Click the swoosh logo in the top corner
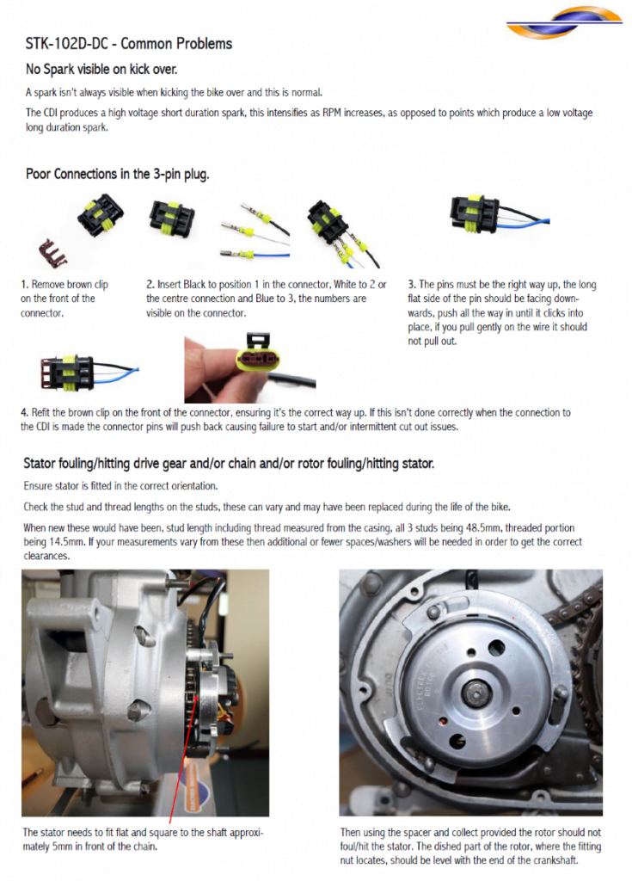563,22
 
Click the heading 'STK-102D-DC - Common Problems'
129,44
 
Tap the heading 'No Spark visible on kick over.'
101,69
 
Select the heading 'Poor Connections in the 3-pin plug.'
118,174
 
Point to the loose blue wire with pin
255,255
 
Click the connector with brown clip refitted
88,373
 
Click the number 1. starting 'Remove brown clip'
24,284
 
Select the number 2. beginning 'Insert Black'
150,284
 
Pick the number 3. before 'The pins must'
412,284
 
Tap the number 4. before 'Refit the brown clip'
25,412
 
